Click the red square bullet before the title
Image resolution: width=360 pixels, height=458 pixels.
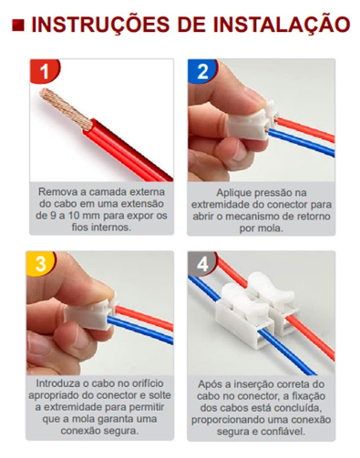pos(18,25)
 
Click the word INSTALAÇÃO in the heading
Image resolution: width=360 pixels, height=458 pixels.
pos(282,24)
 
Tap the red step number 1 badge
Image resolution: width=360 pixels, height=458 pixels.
pos(45,71)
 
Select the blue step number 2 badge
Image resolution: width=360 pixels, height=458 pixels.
pos(202,71)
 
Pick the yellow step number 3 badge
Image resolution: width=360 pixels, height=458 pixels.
pos(41,263)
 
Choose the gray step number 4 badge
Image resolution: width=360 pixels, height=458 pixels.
pos(202,263)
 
